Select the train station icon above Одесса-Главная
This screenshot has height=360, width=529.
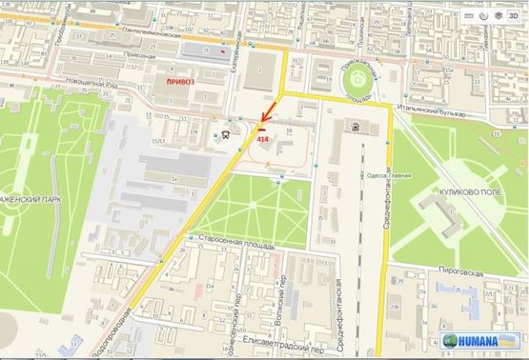(355, 125)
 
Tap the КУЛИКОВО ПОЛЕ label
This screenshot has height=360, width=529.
(464, 191)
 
